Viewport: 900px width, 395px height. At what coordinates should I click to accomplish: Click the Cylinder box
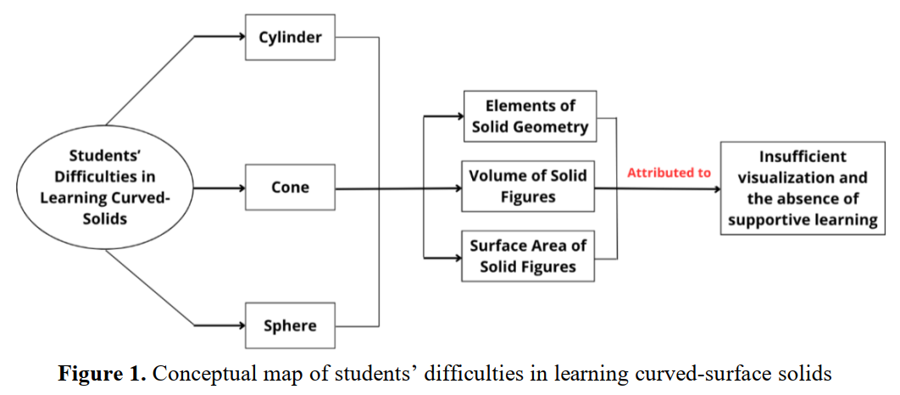(x=290, y=37)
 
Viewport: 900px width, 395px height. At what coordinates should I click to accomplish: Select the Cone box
(x=290, y=187)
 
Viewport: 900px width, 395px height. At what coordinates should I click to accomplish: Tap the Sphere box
(x=290, y=325)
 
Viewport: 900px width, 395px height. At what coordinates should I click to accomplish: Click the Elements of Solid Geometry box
(x=529, y=116)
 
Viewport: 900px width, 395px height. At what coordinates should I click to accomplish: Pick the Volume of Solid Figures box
(x=528, y=186)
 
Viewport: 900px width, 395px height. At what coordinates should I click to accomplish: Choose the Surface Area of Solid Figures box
(x=528, y=256)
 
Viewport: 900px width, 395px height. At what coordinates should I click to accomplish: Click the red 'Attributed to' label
(x=669, y=173)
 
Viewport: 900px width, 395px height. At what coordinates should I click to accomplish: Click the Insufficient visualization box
(x=803, y=188)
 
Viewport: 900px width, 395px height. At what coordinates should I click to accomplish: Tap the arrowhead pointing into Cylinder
(x=241, y=36)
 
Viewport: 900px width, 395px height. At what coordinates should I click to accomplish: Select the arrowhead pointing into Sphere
(x=241, y=325)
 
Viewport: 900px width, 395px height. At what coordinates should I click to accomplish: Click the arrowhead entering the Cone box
(x=241, y=187)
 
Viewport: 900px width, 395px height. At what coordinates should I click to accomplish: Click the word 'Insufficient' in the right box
(x=803, y=156)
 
